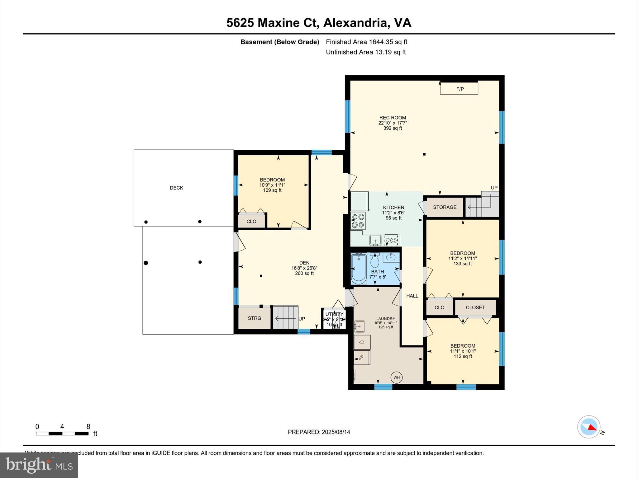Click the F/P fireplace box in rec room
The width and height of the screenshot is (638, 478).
coord(459,89)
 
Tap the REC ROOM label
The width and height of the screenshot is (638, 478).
coord(393,118)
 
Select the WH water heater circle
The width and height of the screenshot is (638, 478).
coord(396,377)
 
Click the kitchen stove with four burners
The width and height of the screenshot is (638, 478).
coord(358,221)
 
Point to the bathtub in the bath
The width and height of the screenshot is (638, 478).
coord(359,269)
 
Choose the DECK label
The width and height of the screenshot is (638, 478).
coord(176,188)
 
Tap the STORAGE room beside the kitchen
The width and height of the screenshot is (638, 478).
coord(445,207)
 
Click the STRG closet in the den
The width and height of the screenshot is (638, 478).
coord(255,318)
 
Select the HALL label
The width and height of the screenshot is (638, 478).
coord(412,296)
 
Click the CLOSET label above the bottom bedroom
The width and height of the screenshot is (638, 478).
coord(475,307)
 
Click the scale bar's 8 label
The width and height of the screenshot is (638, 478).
coord(88,427)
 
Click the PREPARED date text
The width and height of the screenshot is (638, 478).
coord(319,432)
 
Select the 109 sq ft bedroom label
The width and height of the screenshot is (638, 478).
coord(272,190)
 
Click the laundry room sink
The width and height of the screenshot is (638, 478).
coord(359,326)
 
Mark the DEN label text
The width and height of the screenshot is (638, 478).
coord(304,263)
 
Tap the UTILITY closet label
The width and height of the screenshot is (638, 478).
coord(334,314)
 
